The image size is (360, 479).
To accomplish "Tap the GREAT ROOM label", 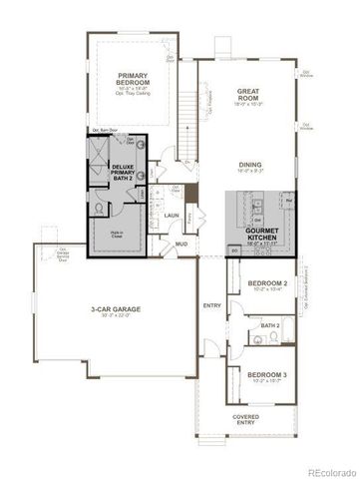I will pos(248,95).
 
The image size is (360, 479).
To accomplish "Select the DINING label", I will pos(250,165).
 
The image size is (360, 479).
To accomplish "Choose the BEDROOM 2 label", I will pos(267,282).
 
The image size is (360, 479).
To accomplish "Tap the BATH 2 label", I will pos(270,325).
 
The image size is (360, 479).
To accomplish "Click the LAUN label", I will pos(173,215).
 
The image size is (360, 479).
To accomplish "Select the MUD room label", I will pos(182,242).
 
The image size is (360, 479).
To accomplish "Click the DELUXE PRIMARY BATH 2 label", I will pos(123,173).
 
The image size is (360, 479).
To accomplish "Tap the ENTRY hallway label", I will pos(211,305).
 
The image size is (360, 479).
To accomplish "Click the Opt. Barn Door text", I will pos(107,131).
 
